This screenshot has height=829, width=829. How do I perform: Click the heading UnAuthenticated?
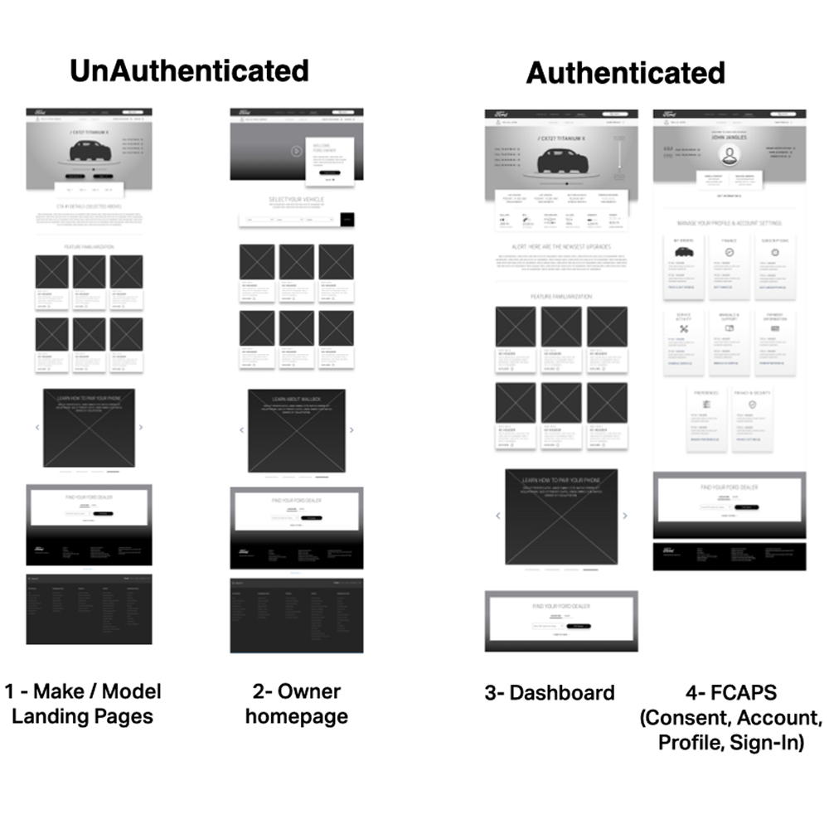pos(189,70)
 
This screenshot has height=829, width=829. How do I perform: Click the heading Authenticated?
pos(626,73)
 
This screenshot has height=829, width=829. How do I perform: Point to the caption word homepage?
pos(297,716)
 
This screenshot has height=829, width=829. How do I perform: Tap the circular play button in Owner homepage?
pos(297,151)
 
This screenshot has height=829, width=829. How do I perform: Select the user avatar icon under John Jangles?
pos(730,156)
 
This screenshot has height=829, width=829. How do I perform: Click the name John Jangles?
pos(730,138)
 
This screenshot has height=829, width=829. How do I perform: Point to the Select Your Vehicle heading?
pos(297,201)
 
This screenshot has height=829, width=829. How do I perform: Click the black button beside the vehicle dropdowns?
pos(347,220)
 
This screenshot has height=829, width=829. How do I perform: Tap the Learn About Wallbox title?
pos(296,399)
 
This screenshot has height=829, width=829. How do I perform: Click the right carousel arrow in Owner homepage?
pos(351,430)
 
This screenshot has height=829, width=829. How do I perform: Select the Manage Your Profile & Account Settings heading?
pos(730,224)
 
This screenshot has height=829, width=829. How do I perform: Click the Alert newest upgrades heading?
pos(561,247)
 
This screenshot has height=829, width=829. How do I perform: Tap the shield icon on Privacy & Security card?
pos(752,404)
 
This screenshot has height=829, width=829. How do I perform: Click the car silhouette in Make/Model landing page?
pos(90,150)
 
